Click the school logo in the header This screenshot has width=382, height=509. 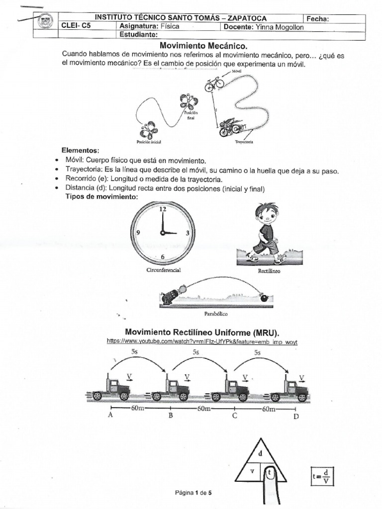coord(45,22)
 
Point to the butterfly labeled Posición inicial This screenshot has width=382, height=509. coord(149,131)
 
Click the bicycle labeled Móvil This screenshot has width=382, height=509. coord(214,84)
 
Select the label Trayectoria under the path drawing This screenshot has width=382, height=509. coord(244,142)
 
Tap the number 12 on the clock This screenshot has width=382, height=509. coord(162,210)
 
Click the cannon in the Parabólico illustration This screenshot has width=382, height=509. coord(171,296)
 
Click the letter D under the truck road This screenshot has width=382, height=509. coord(296,417)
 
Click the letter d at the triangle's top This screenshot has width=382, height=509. coord(260,453)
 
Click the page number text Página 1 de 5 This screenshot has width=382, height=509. coord(193,493)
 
